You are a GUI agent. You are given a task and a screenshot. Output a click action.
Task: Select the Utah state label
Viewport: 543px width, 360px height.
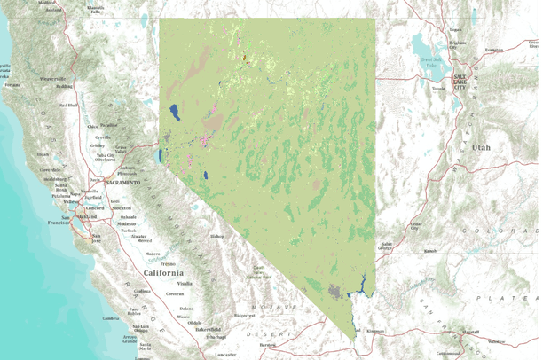pyautogui.click(x=481, y=146)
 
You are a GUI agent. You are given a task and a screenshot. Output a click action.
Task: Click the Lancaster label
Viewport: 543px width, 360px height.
pyautogui.click(x=226, y=355)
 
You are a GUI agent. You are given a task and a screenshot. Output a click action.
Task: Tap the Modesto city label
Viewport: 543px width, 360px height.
pyautogui.click(x=127, y=223)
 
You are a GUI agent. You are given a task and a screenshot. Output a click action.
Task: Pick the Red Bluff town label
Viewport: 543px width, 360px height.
pyautogui.click(x=67, y=105)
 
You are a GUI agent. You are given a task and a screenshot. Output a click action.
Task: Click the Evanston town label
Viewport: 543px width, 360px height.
pyautogui.click(x=494, y=50)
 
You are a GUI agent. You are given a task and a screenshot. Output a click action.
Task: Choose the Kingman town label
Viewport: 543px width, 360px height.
pyautogui.click(x=375, y=331)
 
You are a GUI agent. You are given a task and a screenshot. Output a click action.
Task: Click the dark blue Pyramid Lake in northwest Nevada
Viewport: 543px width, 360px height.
pyautogui.click(x=174, y=113)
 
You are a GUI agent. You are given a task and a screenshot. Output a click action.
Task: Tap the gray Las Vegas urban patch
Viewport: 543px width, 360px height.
pyautogui.click(x=334, y=289)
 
